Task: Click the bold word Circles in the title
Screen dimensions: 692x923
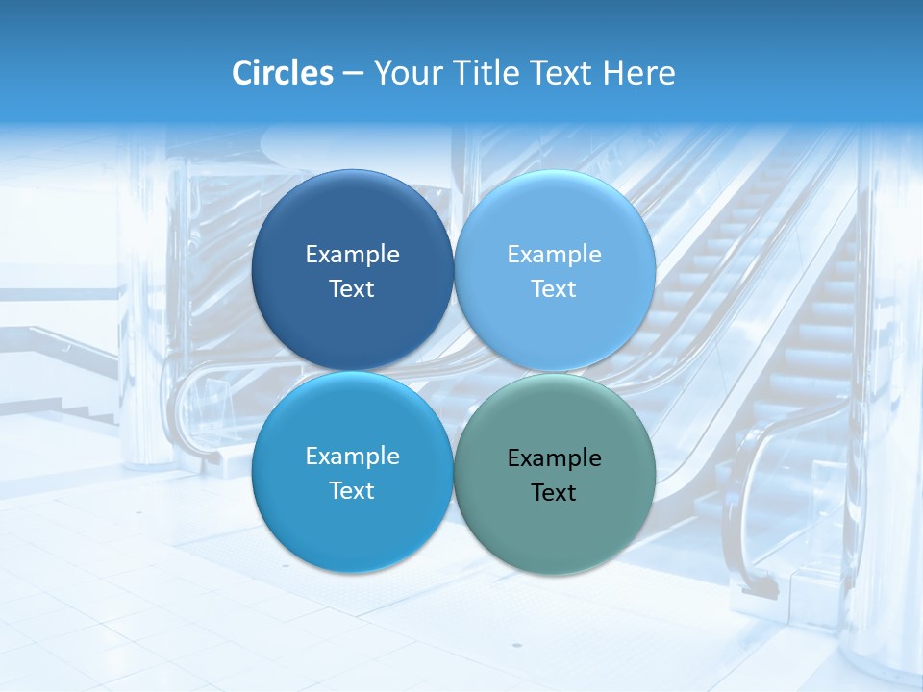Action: (282, 73)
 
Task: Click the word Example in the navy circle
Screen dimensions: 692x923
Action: (352, 255)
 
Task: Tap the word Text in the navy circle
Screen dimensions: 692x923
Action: (352, 289)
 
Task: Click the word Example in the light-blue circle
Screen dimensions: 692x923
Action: (554, 255)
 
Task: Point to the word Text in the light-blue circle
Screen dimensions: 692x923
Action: (554, 289)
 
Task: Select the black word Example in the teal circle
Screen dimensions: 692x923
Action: (554, 458)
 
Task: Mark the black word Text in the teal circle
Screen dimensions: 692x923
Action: (554, 493)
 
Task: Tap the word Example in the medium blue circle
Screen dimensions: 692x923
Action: (352, 457)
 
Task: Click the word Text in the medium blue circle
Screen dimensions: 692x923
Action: (352, 491)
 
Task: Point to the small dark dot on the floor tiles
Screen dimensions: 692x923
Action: (515, 646)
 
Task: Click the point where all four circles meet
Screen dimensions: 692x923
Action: (454, 371)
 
